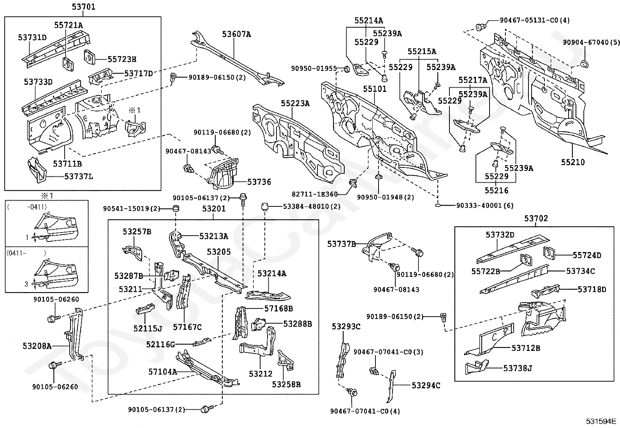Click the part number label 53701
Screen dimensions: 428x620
tap(83, 7)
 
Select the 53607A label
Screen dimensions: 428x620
tap(236, 34)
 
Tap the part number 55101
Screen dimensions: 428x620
tap(375, 89)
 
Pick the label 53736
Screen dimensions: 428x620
tap(259, 182)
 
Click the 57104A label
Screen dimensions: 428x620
tap(162, 372)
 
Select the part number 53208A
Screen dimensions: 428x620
tap(37, 345)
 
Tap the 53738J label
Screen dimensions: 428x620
tap(518, 368)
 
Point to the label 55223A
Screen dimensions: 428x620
tap(295, 103)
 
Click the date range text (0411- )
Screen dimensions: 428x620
tap(26, 253)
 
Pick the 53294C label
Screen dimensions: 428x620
tap(426, 386)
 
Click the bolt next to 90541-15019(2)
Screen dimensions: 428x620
tap(176, 208)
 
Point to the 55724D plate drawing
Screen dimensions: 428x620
tap(548, 252)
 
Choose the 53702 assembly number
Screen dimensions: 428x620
tap(536, 218)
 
